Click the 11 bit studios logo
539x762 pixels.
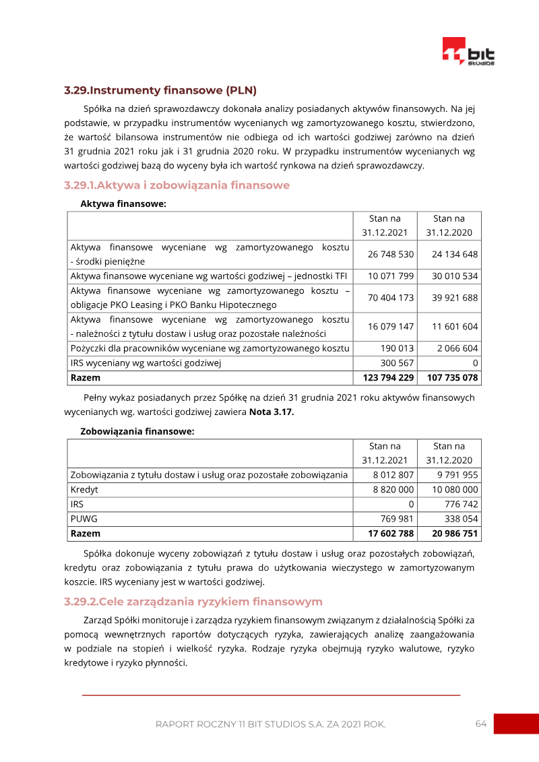pyautogui.click(x=468, y=52)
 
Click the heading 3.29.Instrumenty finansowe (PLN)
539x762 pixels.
pyautogui.click(x=160, y=90)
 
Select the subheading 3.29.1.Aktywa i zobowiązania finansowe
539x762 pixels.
pyautogui.click(x=177, y=185)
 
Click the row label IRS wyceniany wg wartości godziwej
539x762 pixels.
pyautogui.click(x=146, y=363)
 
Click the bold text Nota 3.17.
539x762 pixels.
pyautogui.click(x=272, y=412)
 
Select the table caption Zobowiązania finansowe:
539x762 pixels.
pyautogui.click(x=137, y=431)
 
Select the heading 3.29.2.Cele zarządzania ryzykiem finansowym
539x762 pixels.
pyautogui.click(x=193, y=602)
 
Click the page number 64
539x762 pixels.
pyautogui.click(x=480, y=724)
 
